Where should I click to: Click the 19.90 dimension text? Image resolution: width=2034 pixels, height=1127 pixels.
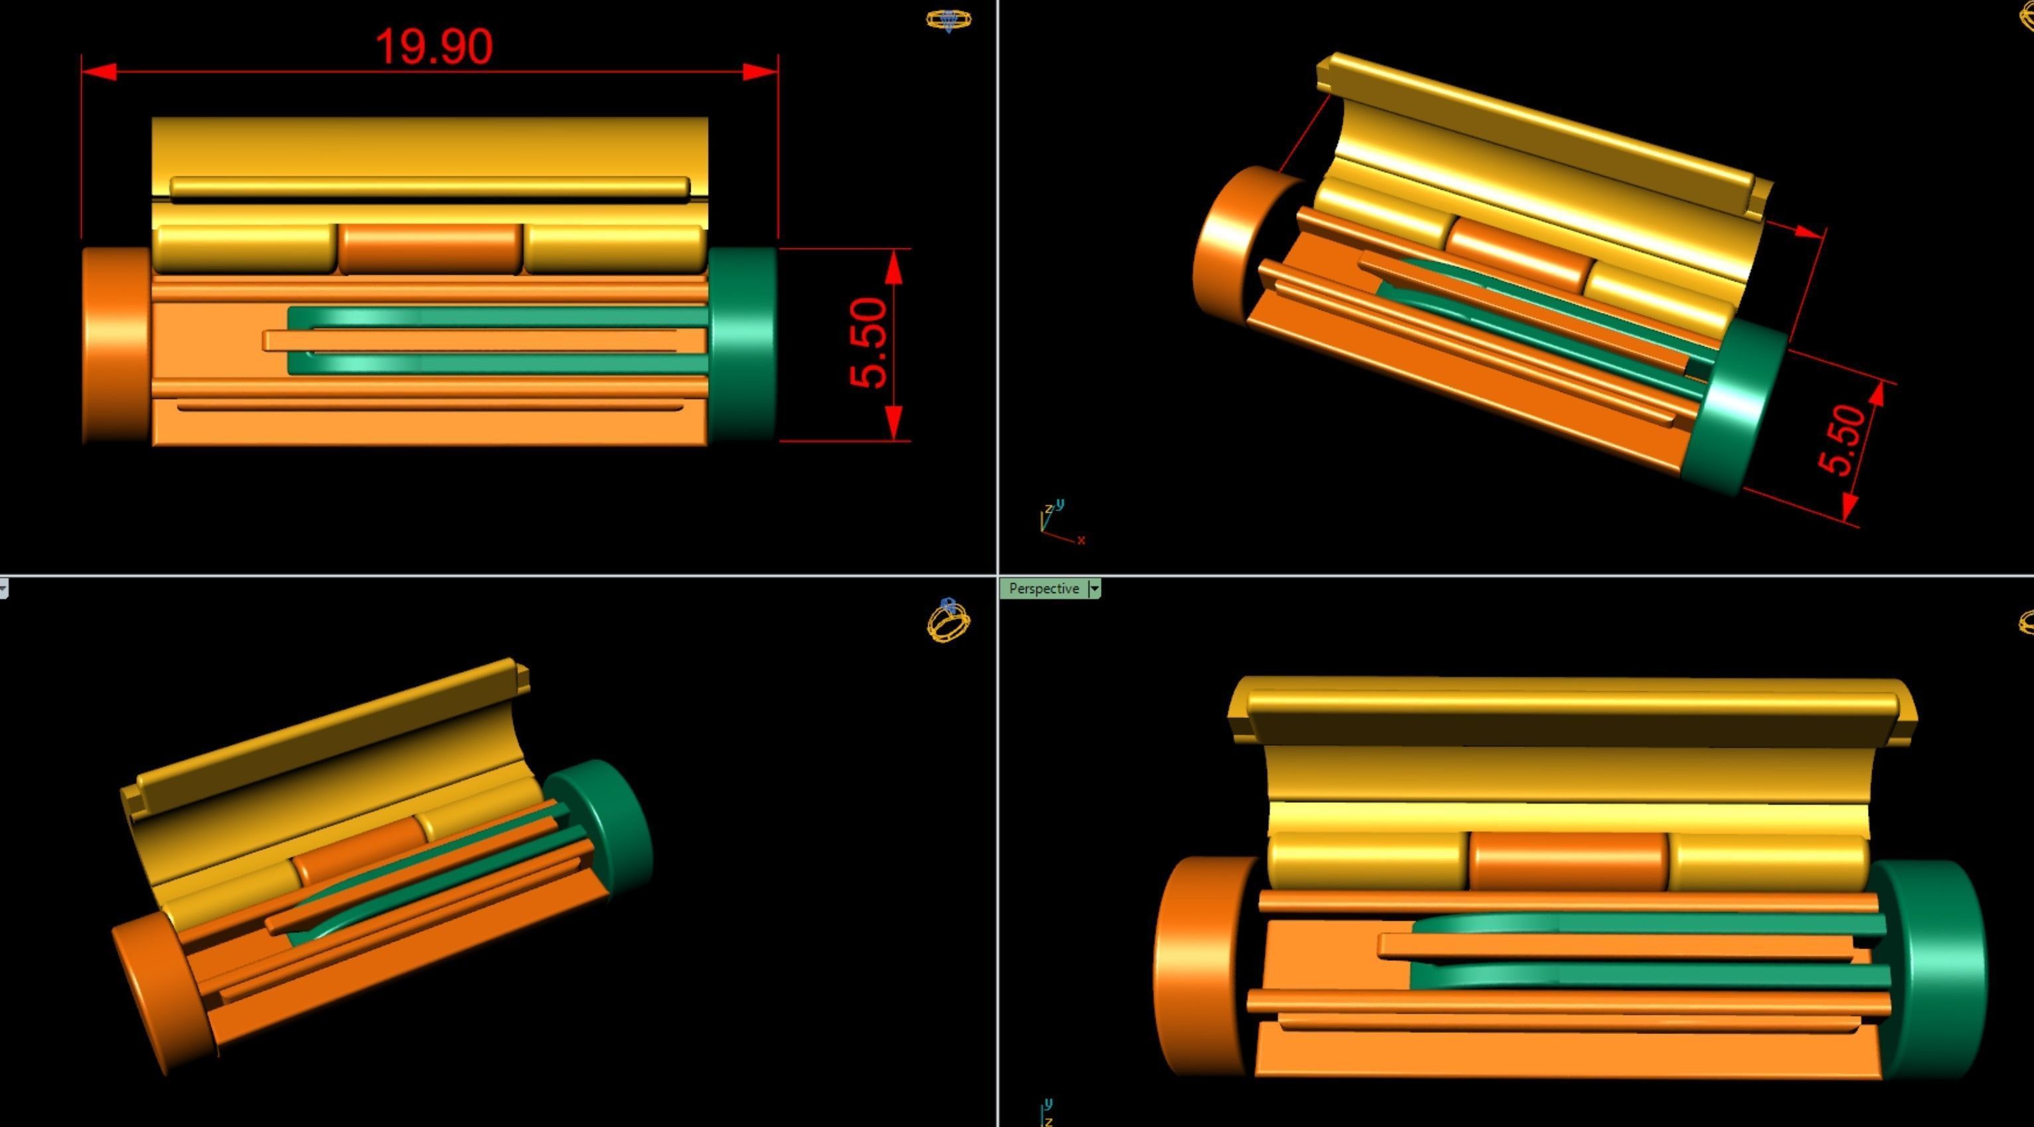[434, 46]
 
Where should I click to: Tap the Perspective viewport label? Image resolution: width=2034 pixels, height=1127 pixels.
[1043, 588]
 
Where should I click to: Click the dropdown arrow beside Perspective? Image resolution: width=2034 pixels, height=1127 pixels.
[1094, 588]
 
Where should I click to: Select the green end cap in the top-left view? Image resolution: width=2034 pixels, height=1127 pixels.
[744, 343]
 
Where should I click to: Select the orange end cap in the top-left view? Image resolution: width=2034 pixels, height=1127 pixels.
[116, 346]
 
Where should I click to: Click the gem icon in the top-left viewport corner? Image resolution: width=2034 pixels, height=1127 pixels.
[948, 20]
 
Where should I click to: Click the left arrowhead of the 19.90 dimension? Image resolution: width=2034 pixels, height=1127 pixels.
[100, 72]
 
